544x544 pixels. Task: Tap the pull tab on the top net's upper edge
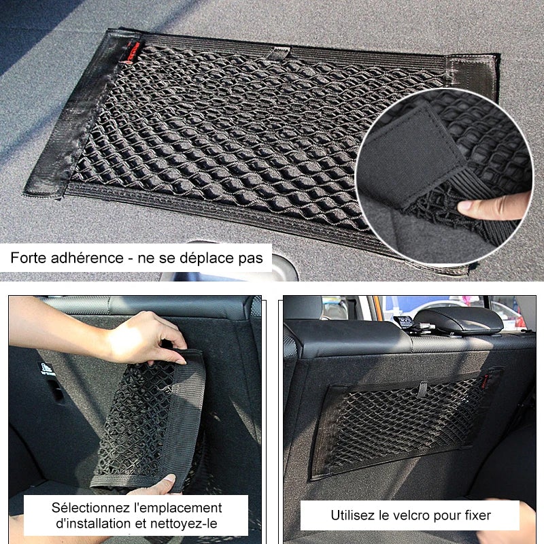[279, 52]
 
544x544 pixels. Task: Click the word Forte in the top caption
[31, 258]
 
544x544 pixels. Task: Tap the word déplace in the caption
[212, 258]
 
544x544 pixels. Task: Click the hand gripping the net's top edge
[146, 336]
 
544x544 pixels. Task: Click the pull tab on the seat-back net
[423, 388]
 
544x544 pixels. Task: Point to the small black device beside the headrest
[405, 322]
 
